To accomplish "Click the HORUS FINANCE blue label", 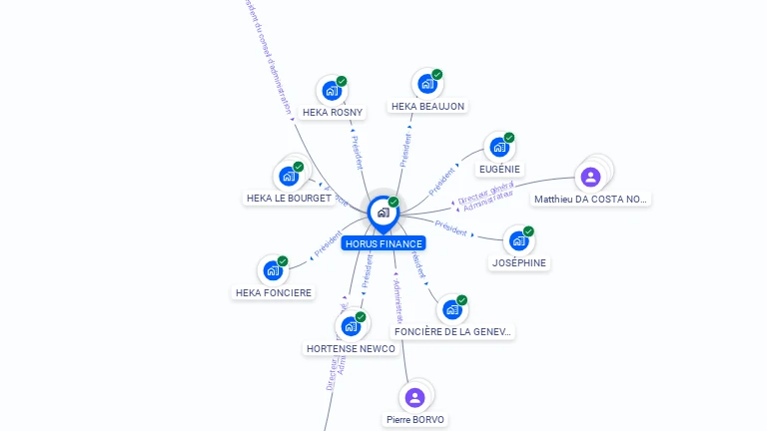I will click(383, 243).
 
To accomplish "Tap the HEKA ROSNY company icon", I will click(332, 91).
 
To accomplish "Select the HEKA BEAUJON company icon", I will click(427, 84).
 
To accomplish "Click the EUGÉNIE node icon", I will click(499, 148).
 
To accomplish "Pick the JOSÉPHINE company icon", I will click(518, 240).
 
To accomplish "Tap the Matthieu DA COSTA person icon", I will click(590, 178).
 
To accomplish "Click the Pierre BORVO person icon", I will click(415, 397).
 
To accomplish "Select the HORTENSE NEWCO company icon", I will click(351, 326).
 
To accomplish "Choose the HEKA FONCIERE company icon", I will click(273, 270).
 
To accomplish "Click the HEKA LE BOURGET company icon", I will click(289, 177).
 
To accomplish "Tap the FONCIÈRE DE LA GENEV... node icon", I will click(451, 309).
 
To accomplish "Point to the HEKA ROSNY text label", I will click(333, 113).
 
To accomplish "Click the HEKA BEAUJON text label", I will click(427, 106).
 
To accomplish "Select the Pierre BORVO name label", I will click(415, 420).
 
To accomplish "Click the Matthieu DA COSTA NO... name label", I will click(591, 200).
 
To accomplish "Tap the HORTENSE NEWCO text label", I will click(351, 348).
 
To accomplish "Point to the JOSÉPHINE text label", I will click(519, 262).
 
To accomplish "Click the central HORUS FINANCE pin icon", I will click(383, 213).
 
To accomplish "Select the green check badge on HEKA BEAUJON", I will click(437, 75).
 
